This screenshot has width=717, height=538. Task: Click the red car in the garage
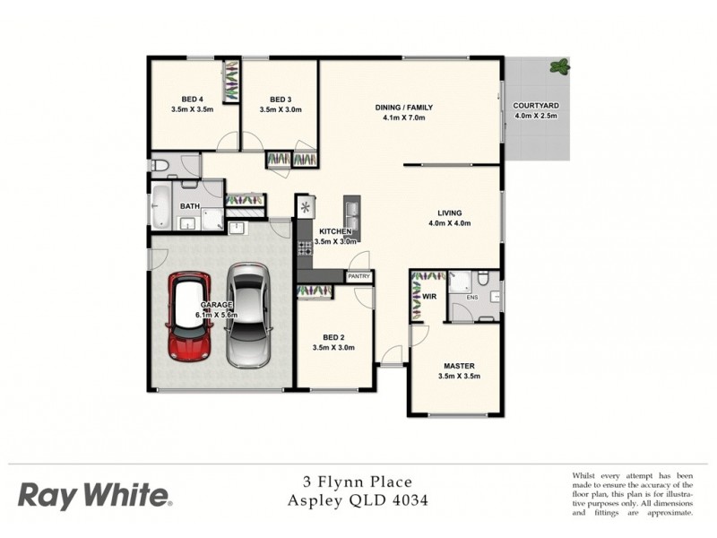(189, 317)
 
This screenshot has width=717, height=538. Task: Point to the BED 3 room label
(281, 99)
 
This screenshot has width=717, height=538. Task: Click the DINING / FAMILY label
(402, 108)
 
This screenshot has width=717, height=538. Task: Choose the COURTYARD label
(536, 106)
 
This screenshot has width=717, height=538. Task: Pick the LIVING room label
(450, 213)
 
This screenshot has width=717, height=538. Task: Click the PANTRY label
(358, 277)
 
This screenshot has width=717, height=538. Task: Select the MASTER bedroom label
(459, 366)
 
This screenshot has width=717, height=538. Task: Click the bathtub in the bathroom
(162, 206)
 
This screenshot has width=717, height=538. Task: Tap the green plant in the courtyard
(559, 66)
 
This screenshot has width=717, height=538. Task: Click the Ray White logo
(94, 495)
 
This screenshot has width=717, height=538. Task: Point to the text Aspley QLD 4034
(357, 501)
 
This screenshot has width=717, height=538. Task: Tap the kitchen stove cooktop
(305, 246)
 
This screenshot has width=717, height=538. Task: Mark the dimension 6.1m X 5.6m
(217, 315)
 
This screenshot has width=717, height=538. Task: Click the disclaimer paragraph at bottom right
(632, 493)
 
